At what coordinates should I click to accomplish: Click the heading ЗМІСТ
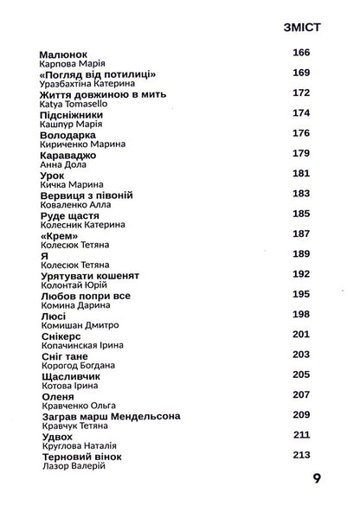coord(302,28)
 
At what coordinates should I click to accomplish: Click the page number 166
coord(302,54)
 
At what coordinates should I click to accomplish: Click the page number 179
coord(302,153)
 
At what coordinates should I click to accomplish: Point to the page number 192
coord(302,273)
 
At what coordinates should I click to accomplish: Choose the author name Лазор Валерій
coord(73,466)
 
